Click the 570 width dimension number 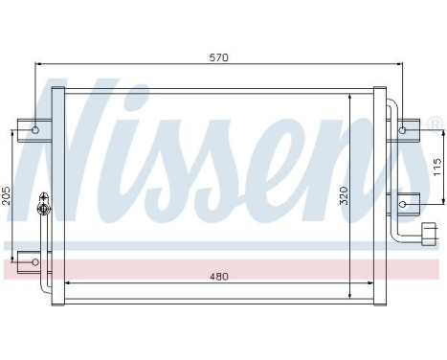point(219,57)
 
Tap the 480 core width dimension point(219,277)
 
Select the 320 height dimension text point(343,197)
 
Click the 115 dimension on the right point(436,165)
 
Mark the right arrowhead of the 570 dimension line point(399,65)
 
